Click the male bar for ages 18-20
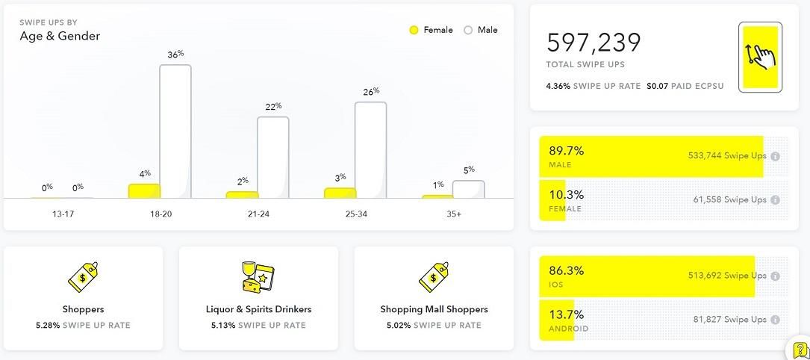(175, 131)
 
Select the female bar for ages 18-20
(144, 191)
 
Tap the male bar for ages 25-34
(370, 150)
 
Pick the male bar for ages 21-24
(273, 158)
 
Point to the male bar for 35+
(468, 190)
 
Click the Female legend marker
(414, 31)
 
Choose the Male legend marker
(468, 31)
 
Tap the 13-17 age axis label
(63, 214)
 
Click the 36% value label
(175, 55)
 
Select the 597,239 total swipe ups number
(594, 43)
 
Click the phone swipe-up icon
(760, 57)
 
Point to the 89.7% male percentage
(567, 150)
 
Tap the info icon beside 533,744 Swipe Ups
(775, 157)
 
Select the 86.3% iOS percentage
(567, 270)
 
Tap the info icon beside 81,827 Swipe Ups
(775, 320)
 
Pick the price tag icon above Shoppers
(83, 277)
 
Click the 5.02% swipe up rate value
(399, 326)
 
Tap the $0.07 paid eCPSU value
(657, 86)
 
